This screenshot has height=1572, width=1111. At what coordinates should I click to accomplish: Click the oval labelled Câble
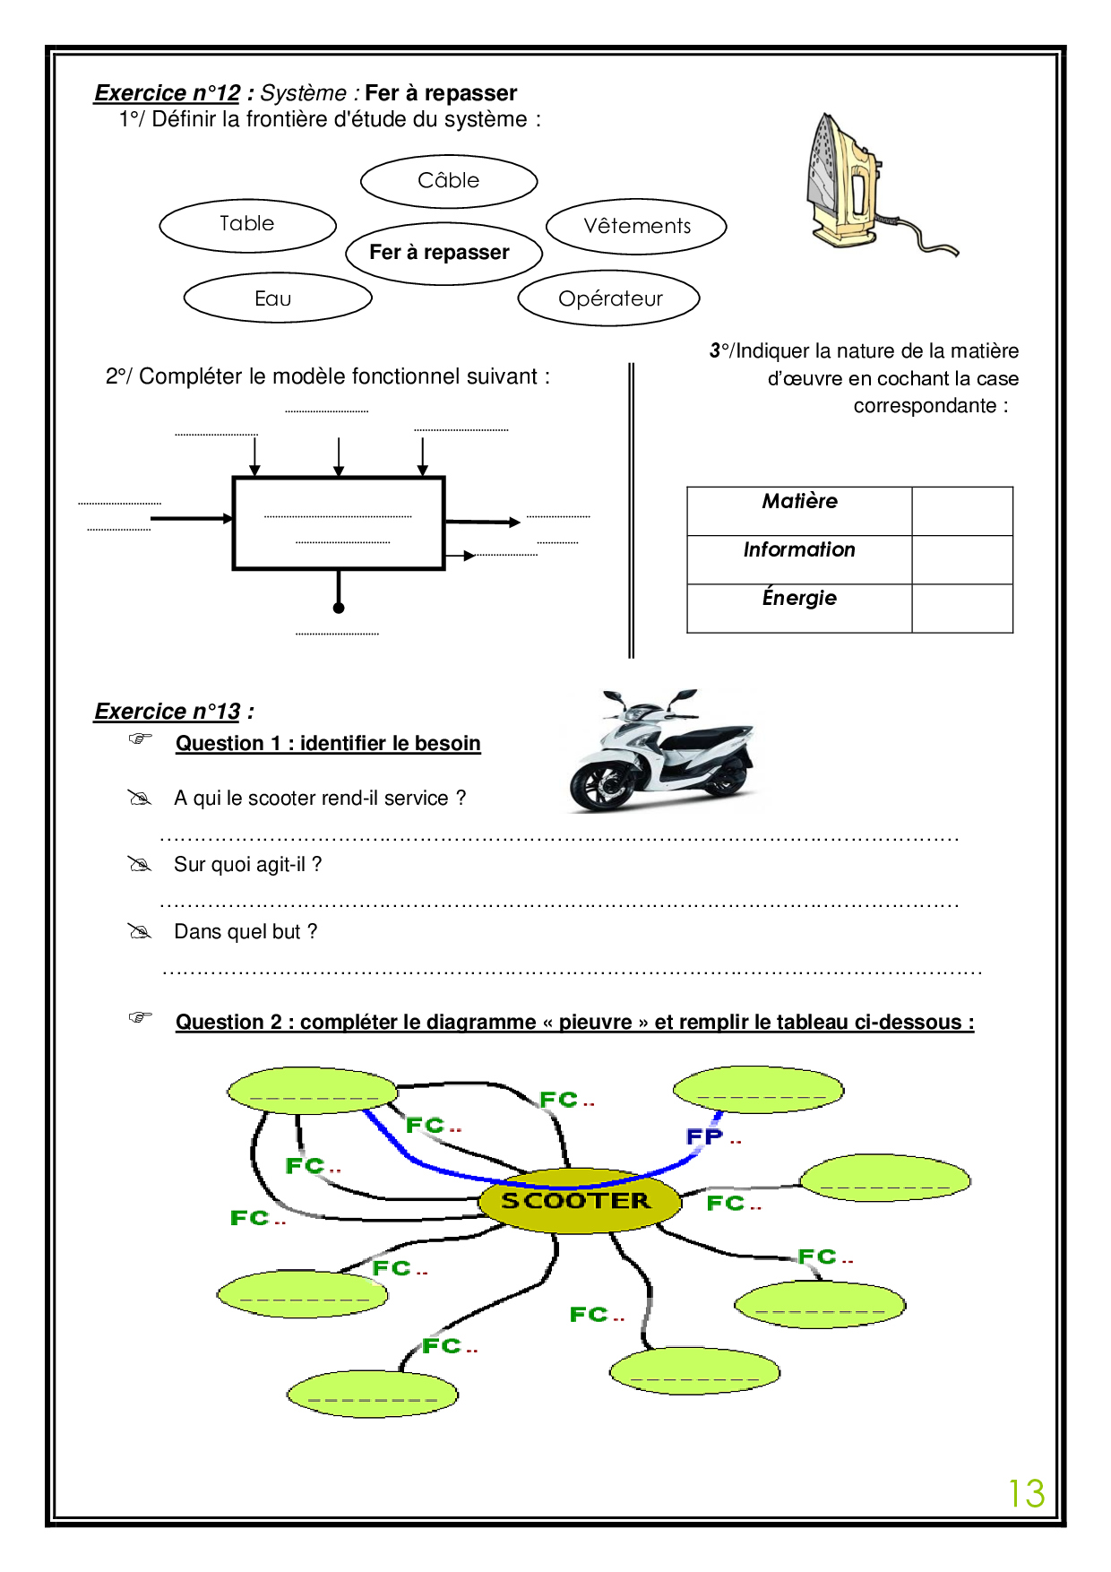[x=449, y=181]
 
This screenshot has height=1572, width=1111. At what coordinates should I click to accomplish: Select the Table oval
[x=247, y=224]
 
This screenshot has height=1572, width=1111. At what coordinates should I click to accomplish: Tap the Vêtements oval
[x=636, y=226]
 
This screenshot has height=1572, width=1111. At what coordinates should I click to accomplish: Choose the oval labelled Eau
[x=277, y=298]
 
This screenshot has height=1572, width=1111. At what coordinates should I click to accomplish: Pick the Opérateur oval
[x=609, y=298]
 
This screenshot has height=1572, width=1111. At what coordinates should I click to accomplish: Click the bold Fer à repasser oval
[x=444, y=253]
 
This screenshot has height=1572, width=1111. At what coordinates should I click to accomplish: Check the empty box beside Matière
[x=961, y=511]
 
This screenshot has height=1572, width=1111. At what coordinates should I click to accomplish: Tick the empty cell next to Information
[x=961, y=559]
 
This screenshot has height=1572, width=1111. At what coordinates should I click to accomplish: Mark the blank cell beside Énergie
[x=961, y=609]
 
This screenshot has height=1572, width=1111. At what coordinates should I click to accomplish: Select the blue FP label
[x=705, y=1136]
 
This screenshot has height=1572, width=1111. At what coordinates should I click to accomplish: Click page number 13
[x=1027, y=1493]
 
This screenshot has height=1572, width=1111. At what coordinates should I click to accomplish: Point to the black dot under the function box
[x=339, y=609]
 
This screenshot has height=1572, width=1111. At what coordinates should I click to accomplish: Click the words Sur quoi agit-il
[x=247, y=865]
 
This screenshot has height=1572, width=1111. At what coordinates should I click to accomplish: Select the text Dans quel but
[x=245, y=932]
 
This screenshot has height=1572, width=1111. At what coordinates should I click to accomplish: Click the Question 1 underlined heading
[x=328, y=744]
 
